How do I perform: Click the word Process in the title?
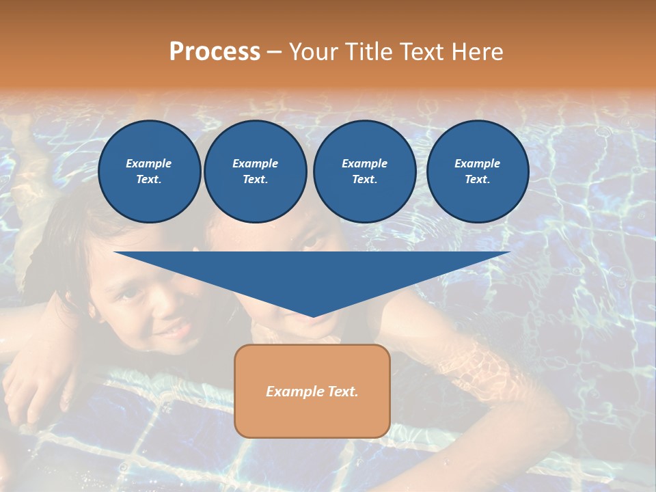tap(215, 52)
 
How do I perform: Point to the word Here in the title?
tap(478, 52)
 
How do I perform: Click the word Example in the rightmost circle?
tap(478, 163)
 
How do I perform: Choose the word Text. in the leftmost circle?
tap(149, 180)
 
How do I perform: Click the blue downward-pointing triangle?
tap(312, 273)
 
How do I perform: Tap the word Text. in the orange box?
tap(342, 392)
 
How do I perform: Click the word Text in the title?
tap(422, 52)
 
